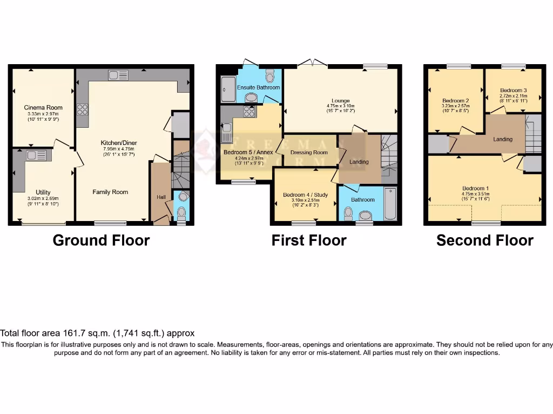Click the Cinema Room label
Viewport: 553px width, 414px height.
(43, 107)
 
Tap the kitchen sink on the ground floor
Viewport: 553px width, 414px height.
(117, 75)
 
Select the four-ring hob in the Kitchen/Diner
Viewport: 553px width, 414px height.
(83, 109)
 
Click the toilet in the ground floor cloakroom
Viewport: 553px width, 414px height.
(181, 211)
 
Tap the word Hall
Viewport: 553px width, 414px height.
(161, 197)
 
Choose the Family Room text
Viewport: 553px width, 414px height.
(110, 192)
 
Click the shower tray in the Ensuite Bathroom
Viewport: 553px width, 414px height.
(227, 89)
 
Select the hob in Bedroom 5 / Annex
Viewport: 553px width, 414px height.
(249, 111)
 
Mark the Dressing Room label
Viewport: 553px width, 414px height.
(309, 153)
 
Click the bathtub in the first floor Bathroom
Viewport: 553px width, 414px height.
(390, 203)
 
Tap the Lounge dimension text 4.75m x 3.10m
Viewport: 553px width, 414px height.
(340, 106)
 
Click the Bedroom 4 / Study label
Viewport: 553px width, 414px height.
(305, 195)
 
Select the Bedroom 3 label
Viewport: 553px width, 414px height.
(513, 90)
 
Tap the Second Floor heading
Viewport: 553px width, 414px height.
(484, 240)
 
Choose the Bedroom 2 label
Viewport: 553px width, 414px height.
(455, 101)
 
